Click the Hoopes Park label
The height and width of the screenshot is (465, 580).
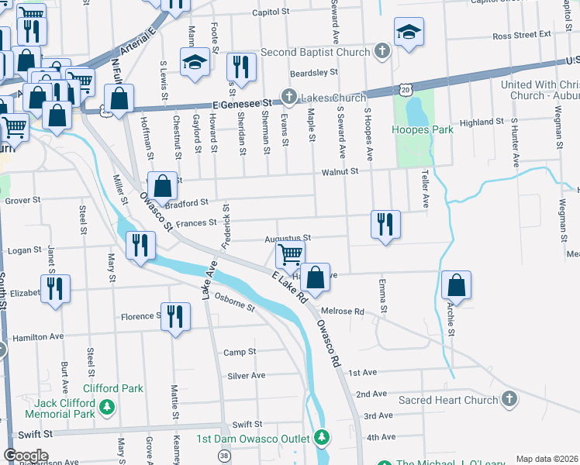tap(423, 130)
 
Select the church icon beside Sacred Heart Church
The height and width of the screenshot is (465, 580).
tap(509, 399)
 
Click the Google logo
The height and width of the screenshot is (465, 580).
tap(25, 456)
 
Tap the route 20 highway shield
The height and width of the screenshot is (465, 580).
tap(405, 91)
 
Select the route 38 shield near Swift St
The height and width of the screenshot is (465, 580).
tap(225, 455)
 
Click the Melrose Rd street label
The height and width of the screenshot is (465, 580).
tap(342, 311)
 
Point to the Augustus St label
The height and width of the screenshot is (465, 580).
tap(287, 238)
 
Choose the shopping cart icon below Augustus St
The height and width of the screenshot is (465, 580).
tap(290, 253)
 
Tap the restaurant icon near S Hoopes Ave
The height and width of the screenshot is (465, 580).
tap(385, 224)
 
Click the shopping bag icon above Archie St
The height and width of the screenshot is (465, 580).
tap(457, 284)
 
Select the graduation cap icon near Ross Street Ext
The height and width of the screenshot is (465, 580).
tap(409, 32)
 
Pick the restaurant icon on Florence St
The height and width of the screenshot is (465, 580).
tap(176, 316)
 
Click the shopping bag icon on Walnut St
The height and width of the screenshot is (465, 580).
tap(162, 186)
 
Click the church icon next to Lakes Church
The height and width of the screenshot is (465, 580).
tap(288, 98)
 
